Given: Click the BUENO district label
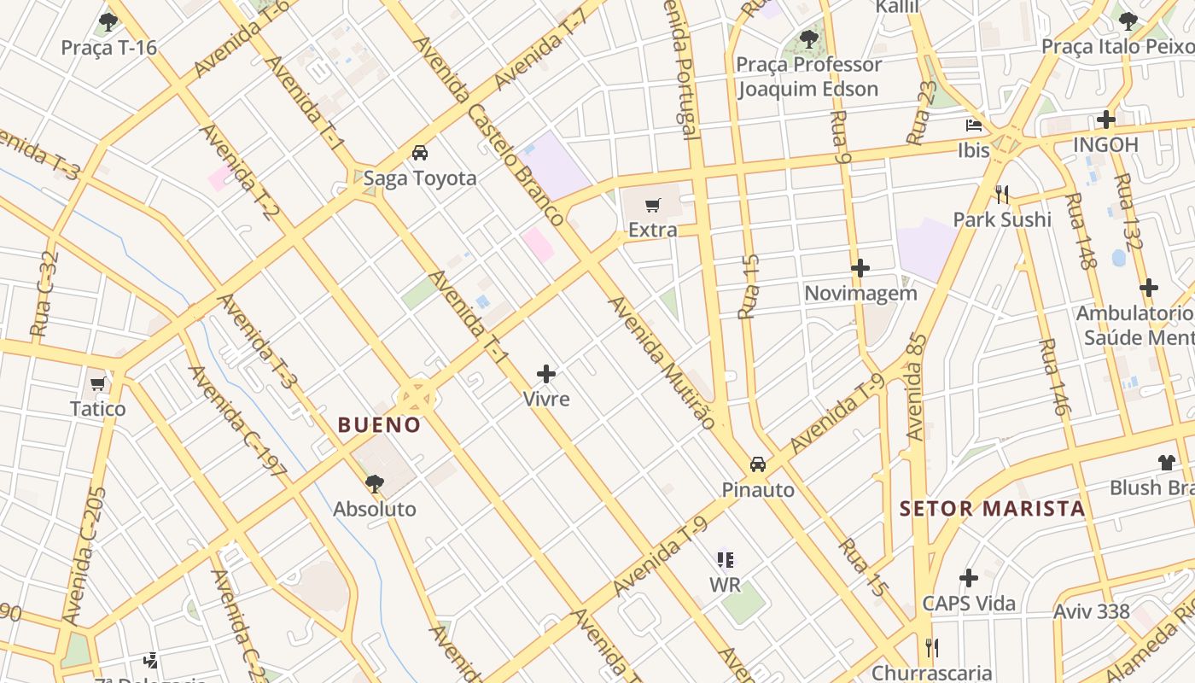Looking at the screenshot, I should point(379,424).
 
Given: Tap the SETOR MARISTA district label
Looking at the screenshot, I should point(992,509).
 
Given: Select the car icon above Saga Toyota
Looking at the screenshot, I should point(419,154).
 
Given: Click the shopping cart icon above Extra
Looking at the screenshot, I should point(653,205).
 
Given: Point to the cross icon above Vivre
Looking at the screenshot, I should point(546,374).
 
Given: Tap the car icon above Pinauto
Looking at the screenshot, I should point(757,464).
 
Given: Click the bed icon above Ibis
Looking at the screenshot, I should point(973,126).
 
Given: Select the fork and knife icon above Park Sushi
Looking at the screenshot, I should point(1002,195).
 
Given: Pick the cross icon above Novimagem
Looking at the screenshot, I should point(860,268).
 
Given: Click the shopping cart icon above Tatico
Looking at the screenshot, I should point(97,384).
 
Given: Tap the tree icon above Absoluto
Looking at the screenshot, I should point(374,484).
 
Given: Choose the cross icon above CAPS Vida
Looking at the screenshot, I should point(968,579).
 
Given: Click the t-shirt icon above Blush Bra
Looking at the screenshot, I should point(1167,463).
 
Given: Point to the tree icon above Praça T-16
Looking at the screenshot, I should point(108,22).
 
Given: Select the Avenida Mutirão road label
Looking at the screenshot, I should point(661,362).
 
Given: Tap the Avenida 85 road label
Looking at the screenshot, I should point(916,386).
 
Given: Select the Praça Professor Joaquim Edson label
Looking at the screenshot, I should point(807,77).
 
